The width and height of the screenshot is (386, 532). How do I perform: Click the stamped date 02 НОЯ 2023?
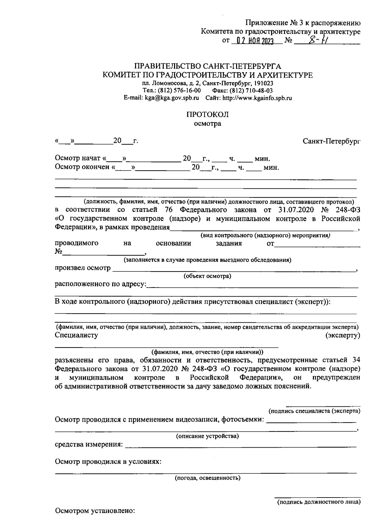(x=254, y=41)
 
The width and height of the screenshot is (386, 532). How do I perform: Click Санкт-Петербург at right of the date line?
(x=331, y=141)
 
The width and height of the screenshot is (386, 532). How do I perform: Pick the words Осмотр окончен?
(x=82, y=167)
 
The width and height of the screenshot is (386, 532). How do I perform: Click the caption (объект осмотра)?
(x=207, y=276)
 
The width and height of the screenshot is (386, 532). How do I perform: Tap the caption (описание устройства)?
(x=207, y=436)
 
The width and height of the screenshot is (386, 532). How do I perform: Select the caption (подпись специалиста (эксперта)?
(x=314, y=411)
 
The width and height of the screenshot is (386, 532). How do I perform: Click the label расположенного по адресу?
(x=100, y=284)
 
